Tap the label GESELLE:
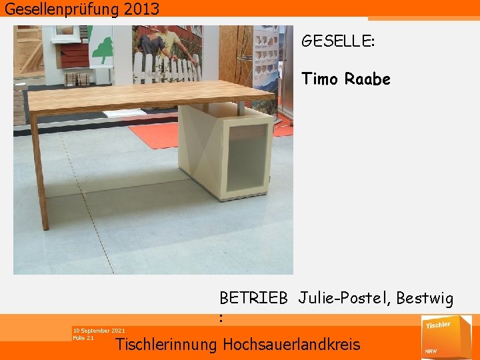pos(338,41)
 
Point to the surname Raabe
pos(367,79)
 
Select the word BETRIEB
pos(253,298)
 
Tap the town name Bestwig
pos(425,298)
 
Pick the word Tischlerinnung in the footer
pos(167,345)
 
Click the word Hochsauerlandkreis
pos(291,345)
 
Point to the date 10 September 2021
pos(99,331)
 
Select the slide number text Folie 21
pos(83,338)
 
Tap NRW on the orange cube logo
pos(431,350)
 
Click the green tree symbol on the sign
pos(102,51)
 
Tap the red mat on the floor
pos(160,135)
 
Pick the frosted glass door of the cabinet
pos(249,160)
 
